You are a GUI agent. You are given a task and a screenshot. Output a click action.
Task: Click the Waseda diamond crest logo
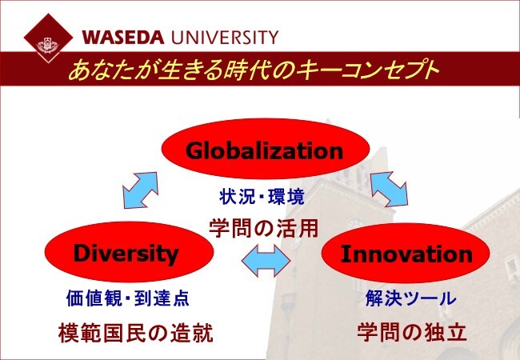pos(49,38)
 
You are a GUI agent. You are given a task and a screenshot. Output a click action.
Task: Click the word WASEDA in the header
pos(123,38)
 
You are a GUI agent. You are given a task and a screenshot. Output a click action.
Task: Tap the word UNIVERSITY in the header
pos(225,38)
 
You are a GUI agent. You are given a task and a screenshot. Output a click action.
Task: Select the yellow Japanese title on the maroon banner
pos(254,69)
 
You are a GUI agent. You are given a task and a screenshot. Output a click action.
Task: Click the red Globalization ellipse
pos(266,149)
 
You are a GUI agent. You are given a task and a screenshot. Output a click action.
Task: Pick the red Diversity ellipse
pos(129,252)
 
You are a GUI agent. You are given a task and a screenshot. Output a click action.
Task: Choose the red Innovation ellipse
pos(406,254)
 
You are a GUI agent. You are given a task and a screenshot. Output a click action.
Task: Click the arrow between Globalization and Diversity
pos(140,190)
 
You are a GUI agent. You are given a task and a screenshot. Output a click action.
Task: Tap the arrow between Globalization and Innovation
pos(390,189)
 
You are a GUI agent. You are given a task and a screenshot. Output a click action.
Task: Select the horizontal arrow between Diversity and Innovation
pos(266,261)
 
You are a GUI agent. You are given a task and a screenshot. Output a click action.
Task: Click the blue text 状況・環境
pos(262,197)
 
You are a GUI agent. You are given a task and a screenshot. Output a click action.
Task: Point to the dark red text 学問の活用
pos(264,228)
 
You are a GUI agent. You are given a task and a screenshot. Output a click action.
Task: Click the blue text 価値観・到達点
pos(128,298)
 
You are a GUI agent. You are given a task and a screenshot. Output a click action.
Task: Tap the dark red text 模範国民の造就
pos(136,333)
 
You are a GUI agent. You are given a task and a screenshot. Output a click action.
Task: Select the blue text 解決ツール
pos(411,298)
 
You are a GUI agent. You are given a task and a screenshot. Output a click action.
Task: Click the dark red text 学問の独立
pos(412,332)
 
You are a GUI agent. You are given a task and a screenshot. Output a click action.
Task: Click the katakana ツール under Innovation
pos(430,298)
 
